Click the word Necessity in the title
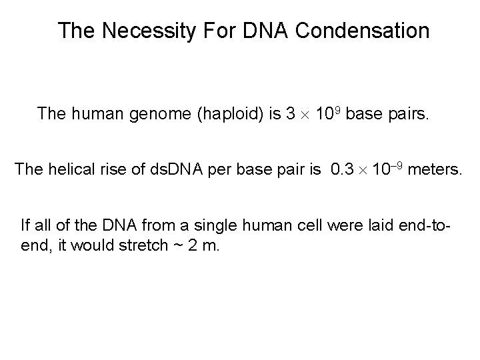141,31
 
